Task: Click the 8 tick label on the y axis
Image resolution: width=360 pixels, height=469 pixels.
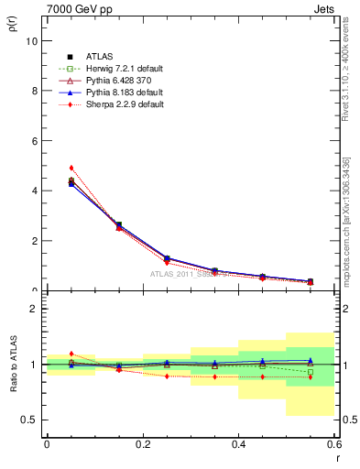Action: (33, 92)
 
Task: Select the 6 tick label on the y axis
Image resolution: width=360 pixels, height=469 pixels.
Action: (33, 141)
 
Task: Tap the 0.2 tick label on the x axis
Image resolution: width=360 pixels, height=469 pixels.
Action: (142, 444)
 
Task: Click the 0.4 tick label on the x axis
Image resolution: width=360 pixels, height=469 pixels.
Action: (238, 444)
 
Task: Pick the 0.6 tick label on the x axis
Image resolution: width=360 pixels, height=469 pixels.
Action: (333, 444)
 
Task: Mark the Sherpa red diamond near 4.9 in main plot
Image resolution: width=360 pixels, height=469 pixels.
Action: (71, 168)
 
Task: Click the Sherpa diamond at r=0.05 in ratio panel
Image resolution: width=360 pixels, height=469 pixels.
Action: (71, 354)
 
